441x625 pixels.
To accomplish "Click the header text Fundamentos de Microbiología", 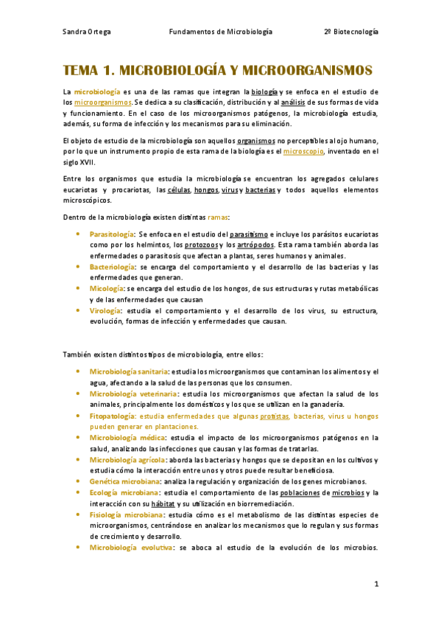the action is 220,32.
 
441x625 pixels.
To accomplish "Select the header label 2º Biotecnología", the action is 350,32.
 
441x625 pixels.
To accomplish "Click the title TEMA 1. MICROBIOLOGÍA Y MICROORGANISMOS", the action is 219,71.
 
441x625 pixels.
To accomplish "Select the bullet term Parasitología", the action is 112,234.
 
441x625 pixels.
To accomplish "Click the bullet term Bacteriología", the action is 112,267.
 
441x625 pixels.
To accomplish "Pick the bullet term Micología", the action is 107,289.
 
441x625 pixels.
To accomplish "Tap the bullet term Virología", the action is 106,310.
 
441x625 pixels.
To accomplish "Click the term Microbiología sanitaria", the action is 128,371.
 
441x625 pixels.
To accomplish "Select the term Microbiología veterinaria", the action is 133,394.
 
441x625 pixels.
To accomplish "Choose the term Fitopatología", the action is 112,416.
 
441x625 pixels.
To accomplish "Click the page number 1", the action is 375,584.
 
